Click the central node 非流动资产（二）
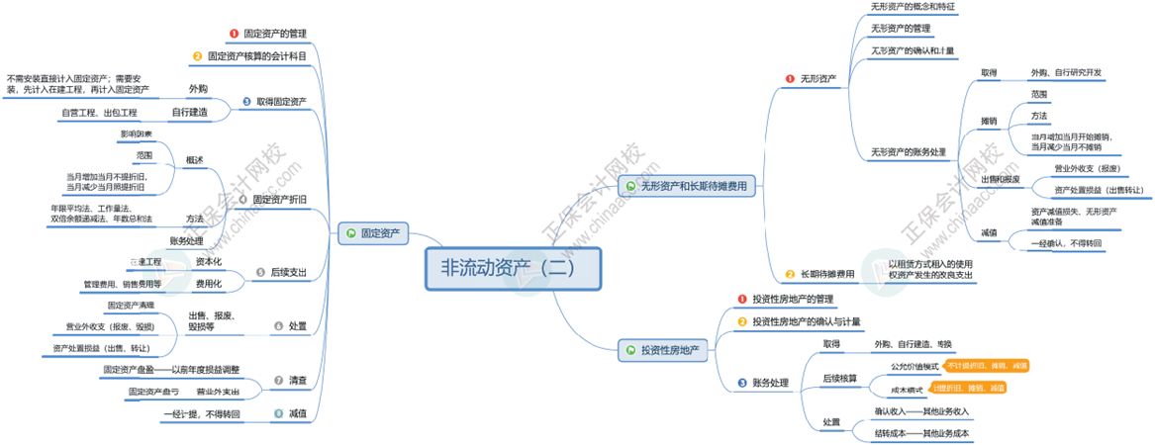click(x=513, y=268)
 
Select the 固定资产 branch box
click(x=373, y=233)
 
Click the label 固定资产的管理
click(x=275, y=34)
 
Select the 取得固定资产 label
click(x=281, y=101)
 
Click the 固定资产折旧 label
click(x=279, y=199)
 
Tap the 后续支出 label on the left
click(x=287, y=272)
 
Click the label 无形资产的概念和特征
click(x=913, y=7)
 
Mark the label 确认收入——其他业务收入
click(x=920, y=410)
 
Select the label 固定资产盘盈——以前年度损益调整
click(x=171, y=370)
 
